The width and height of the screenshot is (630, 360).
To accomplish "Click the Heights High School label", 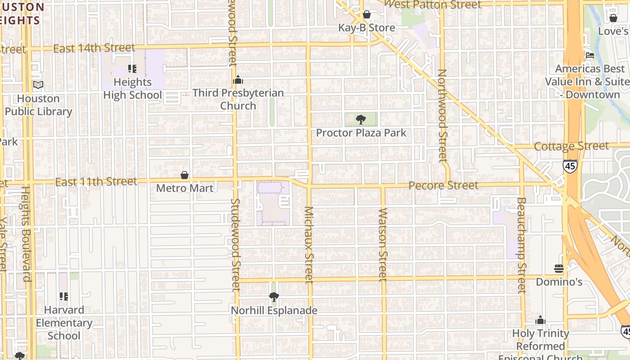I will (x=132, y=89).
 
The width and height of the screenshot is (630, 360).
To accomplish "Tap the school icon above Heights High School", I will (x=132, y=69).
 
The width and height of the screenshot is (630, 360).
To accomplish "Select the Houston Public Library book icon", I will (x=38, y=85).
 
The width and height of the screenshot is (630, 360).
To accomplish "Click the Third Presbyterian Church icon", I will (x=238, y=81).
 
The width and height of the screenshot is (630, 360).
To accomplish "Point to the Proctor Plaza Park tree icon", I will (x=360, y=120).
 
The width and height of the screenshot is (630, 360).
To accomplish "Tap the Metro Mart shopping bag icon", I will (x=184, y=175).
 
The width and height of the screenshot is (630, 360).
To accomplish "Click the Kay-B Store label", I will (x=367, y=27).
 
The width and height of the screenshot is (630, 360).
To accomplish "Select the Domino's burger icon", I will (x=559, y=269).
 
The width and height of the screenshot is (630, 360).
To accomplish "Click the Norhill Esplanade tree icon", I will (x=274, y=297).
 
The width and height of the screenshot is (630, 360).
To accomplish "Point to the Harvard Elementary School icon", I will (x=64, y=297).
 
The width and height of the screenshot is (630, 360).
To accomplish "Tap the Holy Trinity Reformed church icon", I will (x=540, y=320).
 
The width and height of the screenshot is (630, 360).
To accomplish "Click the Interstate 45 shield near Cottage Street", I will (x=570, y=166).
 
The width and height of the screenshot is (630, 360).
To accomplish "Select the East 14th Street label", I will (x=94, y=48).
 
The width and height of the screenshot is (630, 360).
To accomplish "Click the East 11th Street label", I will (x=96, y=182).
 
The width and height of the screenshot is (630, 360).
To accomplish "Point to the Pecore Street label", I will (x=443, y=185).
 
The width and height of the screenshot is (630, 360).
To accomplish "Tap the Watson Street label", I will (x=383, y=244).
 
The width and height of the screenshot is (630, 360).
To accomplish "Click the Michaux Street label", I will (x=309, y=244).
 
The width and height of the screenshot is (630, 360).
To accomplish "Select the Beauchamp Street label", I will (x=521, y=245).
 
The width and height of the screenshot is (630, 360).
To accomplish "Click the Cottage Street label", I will (x=571, y=146).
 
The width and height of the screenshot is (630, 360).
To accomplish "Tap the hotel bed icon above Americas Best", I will (x=590, y=55).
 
